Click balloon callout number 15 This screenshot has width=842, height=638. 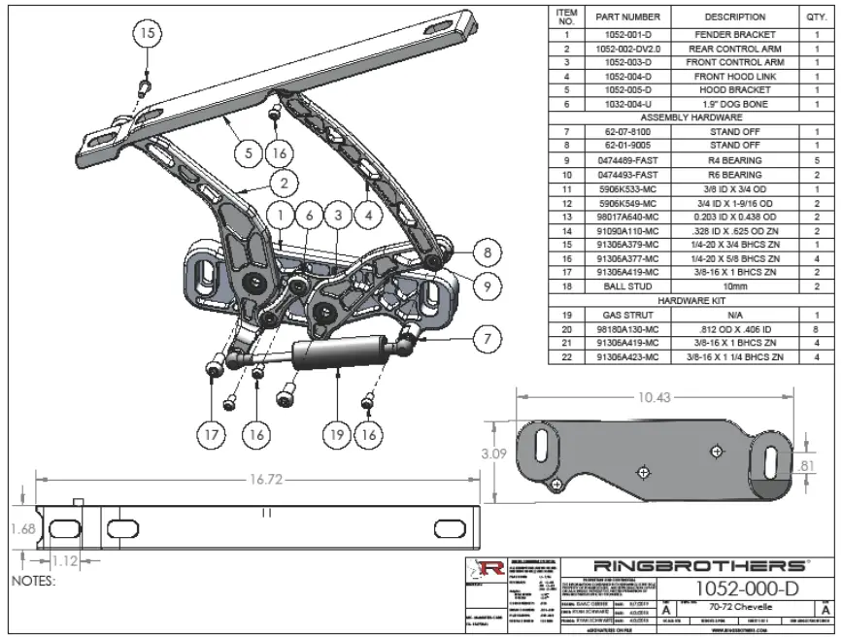point(148,33)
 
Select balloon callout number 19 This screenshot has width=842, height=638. point(337,435)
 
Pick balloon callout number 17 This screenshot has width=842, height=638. point(211,435)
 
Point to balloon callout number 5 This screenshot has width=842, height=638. point(248,152)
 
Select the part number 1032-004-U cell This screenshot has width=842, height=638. point(627,103)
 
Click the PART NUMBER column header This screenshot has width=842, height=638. point(627,17)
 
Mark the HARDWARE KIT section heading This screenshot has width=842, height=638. point(690,301)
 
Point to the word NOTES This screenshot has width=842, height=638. point(32,582)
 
